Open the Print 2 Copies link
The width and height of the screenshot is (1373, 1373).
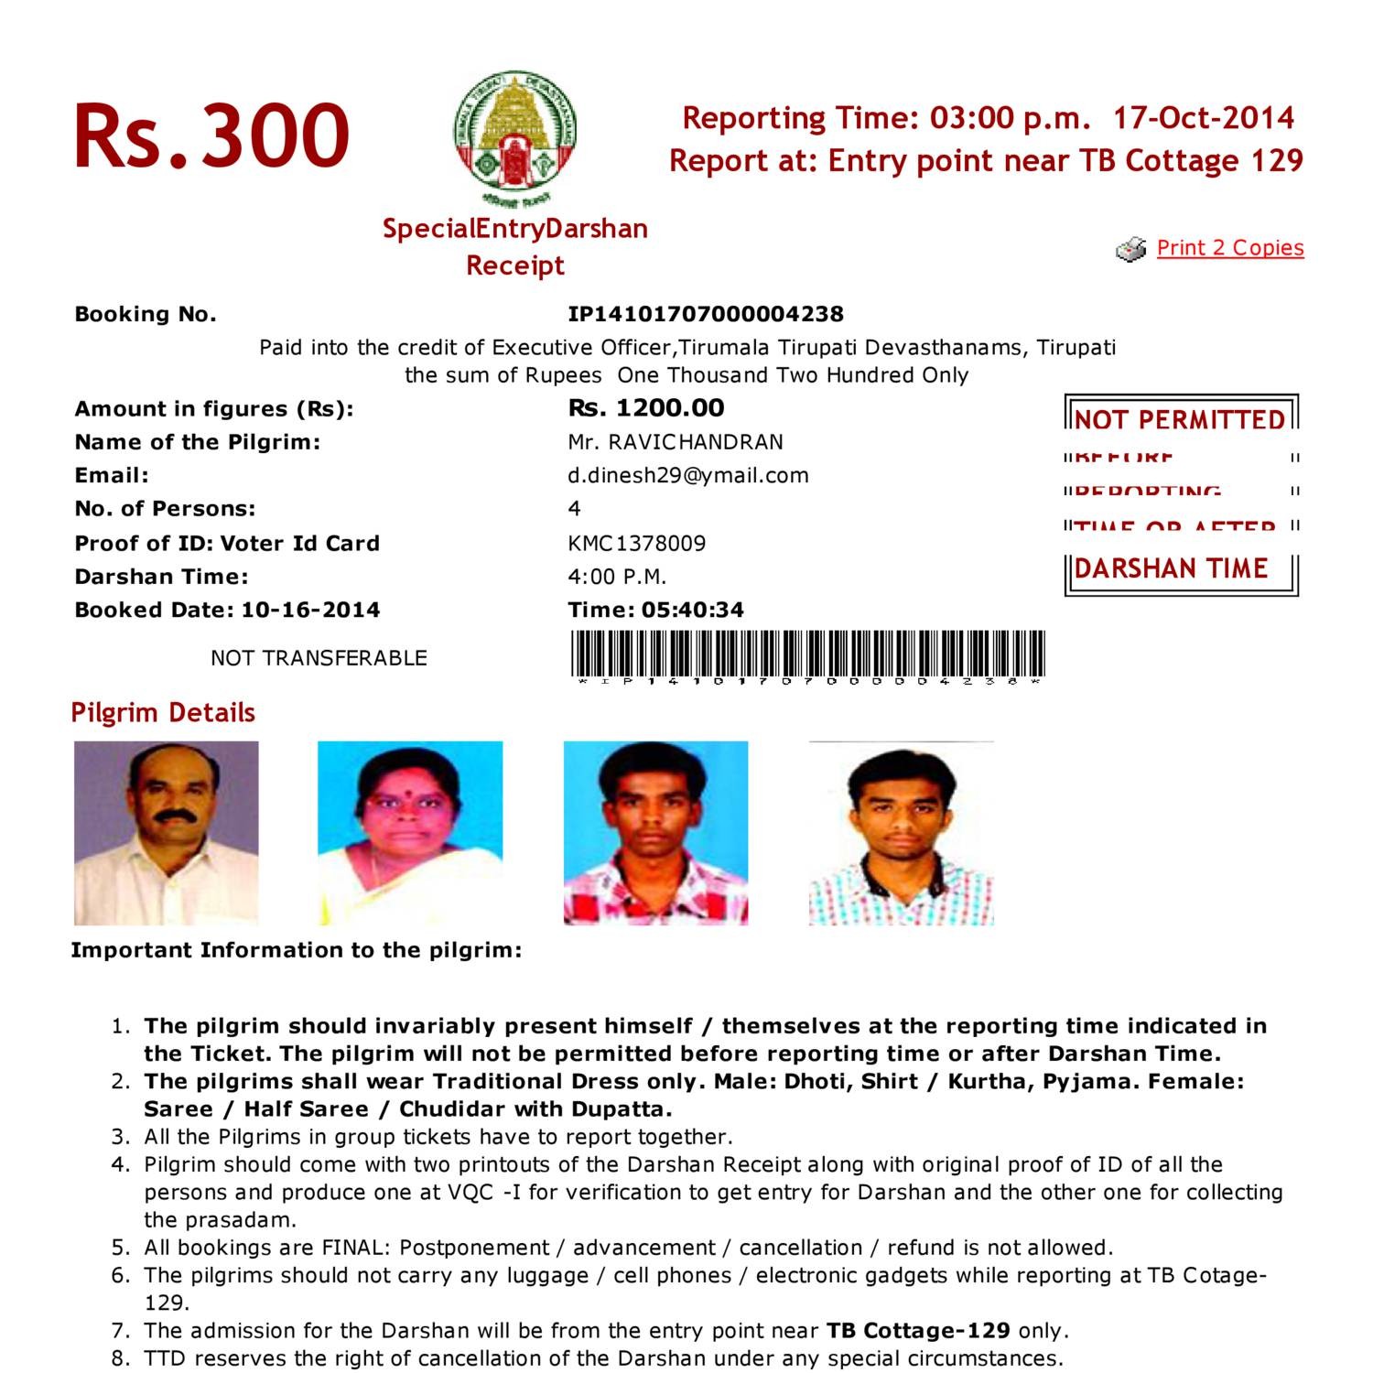(1229, 248)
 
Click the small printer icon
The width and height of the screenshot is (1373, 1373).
(1131, 249)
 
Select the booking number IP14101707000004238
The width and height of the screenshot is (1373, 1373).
(705, 314)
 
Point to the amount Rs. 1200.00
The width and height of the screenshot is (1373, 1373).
(645, 408)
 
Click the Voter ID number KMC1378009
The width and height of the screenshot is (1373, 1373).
(636, 544)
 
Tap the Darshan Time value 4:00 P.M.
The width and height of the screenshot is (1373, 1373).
(617, 577)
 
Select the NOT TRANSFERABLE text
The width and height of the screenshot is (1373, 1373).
(319, 658)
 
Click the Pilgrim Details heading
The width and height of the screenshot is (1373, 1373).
(163, 713)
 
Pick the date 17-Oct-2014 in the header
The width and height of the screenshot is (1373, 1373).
(1203, 118)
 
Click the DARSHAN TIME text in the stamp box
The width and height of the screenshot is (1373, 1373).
(1171, 568)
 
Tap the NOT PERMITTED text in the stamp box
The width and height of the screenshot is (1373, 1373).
(1180, 420)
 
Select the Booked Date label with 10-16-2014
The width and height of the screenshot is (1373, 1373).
(227, 611)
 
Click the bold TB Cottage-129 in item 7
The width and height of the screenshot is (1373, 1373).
(918, 1331)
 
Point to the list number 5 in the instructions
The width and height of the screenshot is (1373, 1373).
(121, 1248)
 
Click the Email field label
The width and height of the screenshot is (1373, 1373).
(112, 476)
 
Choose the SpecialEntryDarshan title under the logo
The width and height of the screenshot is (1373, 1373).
(514, 229)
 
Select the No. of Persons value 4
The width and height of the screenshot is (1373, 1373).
(574, 509)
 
